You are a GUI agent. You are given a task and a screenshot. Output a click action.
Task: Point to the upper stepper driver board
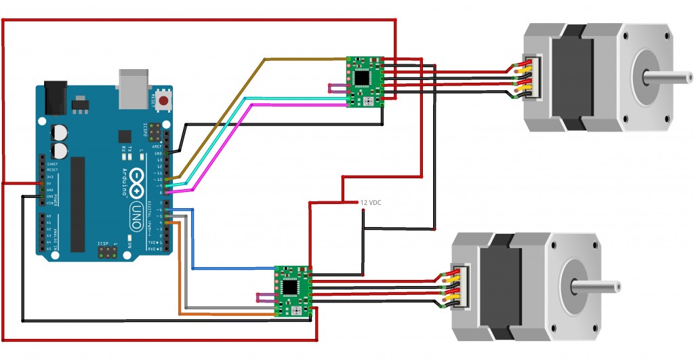pos(365,81)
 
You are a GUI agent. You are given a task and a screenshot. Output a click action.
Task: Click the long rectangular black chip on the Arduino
pos(79,203)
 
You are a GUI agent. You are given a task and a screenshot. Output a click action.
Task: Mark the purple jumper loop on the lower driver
pos(265,297)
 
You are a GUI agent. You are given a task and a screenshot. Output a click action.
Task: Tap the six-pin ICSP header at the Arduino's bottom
pos(106,252)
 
